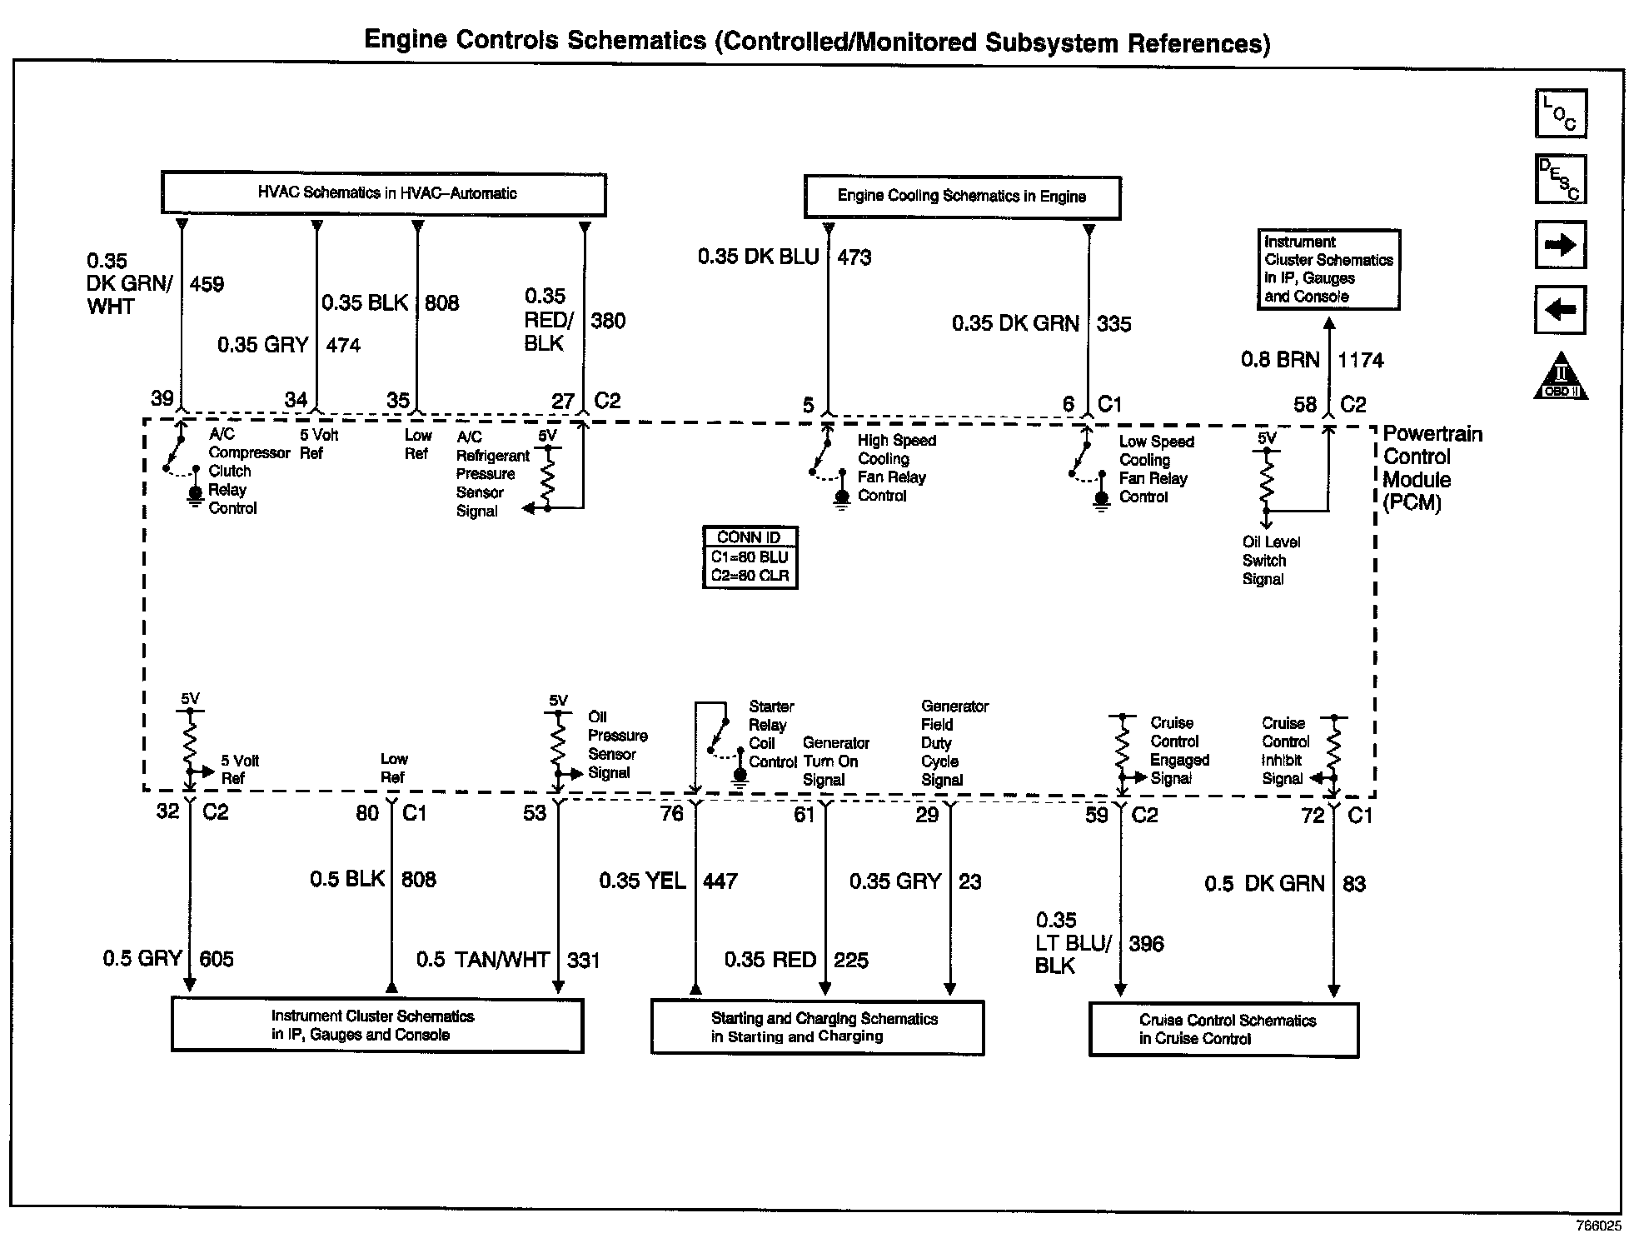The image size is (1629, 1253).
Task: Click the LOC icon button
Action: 1561,113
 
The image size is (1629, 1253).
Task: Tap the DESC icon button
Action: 1561,179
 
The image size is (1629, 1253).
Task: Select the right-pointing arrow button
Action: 1560,245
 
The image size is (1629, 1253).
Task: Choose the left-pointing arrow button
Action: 1560,310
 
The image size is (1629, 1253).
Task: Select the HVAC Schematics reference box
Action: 383,194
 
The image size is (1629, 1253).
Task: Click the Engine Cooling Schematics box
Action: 962,197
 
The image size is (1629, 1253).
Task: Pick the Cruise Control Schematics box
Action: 1223,1030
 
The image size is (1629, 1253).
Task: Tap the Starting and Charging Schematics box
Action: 817,1028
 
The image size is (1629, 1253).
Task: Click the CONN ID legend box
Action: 750,557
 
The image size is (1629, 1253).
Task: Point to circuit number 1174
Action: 1360,361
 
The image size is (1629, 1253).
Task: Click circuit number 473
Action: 854,257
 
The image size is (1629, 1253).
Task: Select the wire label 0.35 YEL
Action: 642,881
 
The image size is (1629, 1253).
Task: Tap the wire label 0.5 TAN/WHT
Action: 482,961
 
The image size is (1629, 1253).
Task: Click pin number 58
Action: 1304,405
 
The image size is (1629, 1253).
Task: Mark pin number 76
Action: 671,814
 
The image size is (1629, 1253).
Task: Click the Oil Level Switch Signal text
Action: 1270,561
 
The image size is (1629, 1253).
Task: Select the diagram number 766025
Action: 1598,1226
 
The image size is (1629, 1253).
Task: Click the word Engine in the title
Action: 409,40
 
